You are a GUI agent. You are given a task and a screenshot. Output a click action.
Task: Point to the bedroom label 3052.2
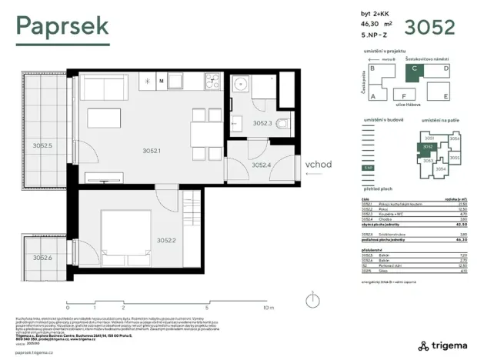[x=167, y=240]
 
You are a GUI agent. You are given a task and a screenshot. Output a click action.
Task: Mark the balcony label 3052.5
[x=42, y=145]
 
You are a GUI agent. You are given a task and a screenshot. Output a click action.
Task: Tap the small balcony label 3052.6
[x=42, y=258]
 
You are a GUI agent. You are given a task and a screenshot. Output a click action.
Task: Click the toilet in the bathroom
[x=283, y=124]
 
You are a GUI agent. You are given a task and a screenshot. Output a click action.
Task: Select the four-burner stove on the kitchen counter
[x=212, y=81]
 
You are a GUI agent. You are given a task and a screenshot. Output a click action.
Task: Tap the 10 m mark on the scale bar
[x=267, y=308]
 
